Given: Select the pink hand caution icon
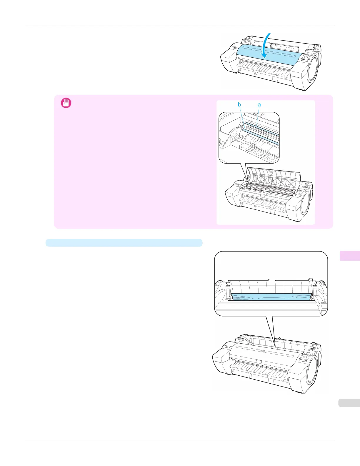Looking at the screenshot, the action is (x=66, y=103).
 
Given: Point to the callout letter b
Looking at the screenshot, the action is (x=239, y=105).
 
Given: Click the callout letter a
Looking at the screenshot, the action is (x=259, y=105).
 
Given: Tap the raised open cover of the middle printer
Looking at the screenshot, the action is (x=274, y=178).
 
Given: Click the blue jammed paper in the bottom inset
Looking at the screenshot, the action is (x=271, y=297).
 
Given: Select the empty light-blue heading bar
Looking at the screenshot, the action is (x=124, y=243).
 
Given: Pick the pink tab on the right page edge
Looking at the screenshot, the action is (x=350, y=255).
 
